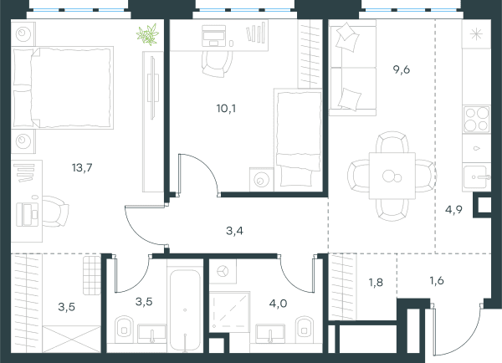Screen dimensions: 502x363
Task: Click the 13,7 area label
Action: pyautogui.click(x=82, y=167)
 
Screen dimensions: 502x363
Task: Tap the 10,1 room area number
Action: pyautogui.click(x=226, y=109)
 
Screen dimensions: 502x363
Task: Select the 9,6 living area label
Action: pyautogui.click(x=402, y=69)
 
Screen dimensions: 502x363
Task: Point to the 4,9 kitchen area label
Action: pyautogui.click(x=453, y=210)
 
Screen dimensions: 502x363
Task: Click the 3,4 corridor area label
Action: pyautogui.click(x=234, y=231)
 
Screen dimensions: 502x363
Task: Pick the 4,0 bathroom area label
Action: pyautogui.click(x=278, y=303)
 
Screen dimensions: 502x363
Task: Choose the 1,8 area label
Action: pyautogui.click(x=376, y=283)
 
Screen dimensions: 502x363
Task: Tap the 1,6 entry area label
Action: pyautogui.click(x=437, y=281)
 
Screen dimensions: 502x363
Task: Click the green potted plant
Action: pyautogui.click(x=147, y=34)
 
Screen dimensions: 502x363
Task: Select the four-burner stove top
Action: pyautogui.click(x=476, y=119)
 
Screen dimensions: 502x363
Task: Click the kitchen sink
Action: pyautogui.click(x=476, y=176)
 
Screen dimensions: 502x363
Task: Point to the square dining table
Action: pyautogui.click(x=392, y=176)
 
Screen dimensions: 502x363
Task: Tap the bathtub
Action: pyautogui.click(x=185, y=310)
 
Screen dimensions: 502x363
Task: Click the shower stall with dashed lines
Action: pyautogui.click(x=229, y=312)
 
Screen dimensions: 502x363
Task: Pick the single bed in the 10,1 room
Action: pyautogui.click(x=298, y=140)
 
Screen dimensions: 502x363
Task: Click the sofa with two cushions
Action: pyautogui.click(x=352, y=68)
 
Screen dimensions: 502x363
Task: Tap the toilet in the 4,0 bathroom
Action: pyautogui.click(x=305, y=328)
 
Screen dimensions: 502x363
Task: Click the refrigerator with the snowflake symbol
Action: pyautogui.click(x=476, y=34)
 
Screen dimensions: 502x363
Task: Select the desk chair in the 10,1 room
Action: pyautogui.click(x=218, y=64)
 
